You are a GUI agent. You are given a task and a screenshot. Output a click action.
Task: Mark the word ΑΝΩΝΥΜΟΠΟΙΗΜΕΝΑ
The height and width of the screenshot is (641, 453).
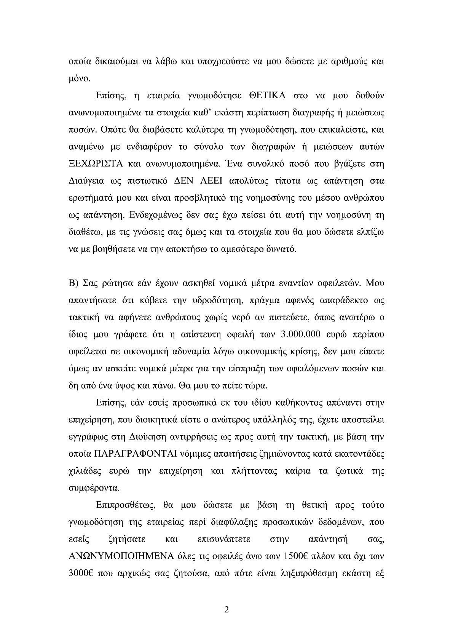(118, 556)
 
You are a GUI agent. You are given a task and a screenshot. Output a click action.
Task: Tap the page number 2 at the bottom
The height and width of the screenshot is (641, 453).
(226, 610)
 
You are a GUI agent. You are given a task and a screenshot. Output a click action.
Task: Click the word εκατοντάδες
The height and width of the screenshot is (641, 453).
(356, 454)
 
